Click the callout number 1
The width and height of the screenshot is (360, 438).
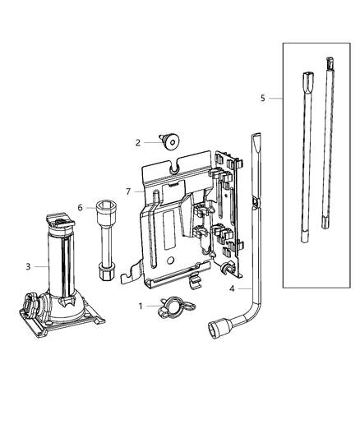tap(139, 307)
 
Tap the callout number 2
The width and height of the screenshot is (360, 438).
tap(139, 142)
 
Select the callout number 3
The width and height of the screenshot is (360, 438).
tap(29, 265)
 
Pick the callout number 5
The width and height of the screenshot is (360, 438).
tap(263, 98)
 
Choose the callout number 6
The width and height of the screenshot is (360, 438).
tap(81, 207)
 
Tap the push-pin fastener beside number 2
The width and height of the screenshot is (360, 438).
tap(171, 141)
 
